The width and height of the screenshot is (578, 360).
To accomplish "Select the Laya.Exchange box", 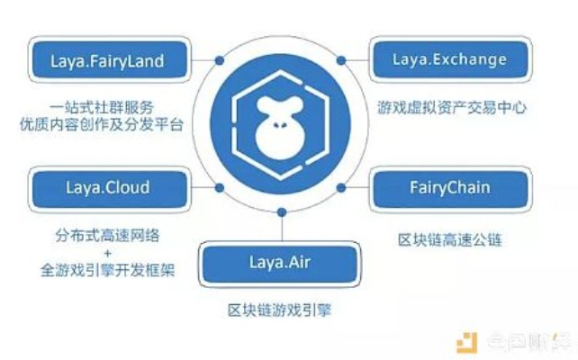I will click(x=450, y=61).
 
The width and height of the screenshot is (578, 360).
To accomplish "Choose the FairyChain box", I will click(x=450, y=188).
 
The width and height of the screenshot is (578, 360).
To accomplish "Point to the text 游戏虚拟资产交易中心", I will click(x=450, y=108).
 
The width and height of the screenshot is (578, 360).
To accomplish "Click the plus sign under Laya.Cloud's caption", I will click(x=113, y=253).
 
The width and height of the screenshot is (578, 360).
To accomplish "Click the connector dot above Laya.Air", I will click(x=282, y=213).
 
